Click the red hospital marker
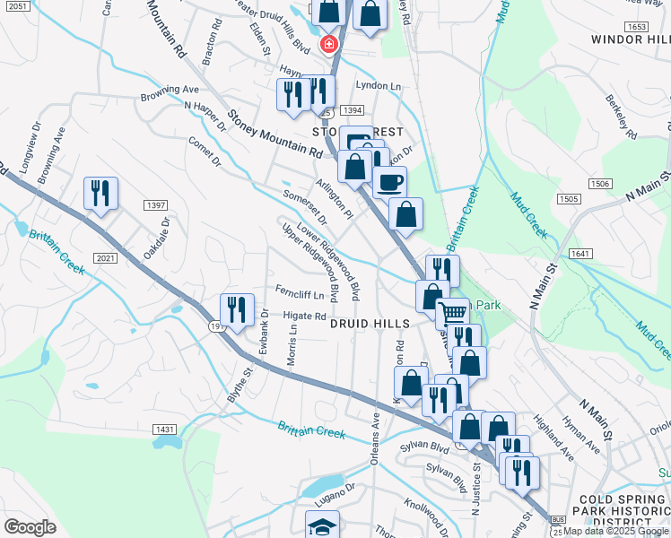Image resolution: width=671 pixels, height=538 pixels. tap(329, 44)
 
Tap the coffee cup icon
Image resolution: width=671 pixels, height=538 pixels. tap(389, 182)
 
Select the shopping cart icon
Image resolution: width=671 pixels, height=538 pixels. tap(453, 313)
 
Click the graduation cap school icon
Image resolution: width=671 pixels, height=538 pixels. tap(322, 526)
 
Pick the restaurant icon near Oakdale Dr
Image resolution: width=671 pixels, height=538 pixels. tap(100, 193)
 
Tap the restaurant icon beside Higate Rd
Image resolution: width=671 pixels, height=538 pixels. tap(237, 309)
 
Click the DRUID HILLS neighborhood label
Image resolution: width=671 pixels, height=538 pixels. tap(370, 323)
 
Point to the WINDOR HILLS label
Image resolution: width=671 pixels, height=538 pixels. tap(630, 39)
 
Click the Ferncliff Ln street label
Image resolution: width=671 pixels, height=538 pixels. tap(299, 292)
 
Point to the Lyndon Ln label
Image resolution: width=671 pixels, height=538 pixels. tap(379, 86)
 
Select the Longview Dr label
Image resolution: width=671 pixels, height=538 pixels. tap(29, 146)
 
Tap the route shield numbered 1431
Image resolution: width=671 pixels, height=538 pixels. tap(165, 430)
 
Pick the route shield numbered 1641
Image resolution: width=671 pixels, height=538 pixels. tap(580, 254)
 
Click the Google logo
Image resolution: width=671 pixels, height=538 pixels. tap(30, 526)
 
